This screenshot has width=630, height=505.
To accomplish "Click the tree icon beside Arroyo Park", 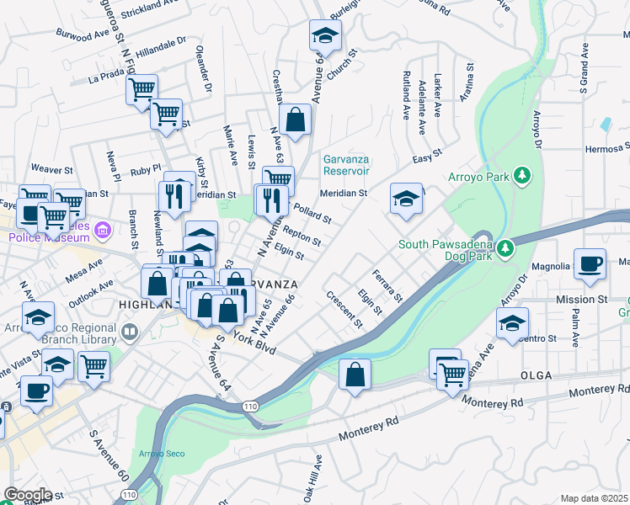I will pos(524,176).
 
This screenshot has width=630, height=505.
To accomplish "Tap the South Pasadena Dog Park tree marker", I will pos(505,248).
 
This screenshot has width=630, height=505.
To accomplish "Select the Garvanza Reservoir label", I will pos(346,164).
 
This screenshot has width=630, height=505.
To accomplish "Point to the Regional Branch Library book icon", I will pos(131,331).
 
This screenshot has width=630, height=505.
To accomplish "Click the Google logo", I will pos(27,495).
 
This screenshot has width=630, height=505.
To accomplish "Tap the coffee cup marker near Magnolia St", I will pos(590,263).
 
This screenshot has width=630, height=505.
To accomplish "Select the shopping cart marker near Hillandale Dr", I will pos(141,88).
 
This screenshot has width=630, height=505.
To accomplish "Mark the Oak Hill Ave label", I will pos(318,476).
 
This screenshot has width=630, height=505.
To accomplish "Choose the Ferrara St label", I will pos(388,286).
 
